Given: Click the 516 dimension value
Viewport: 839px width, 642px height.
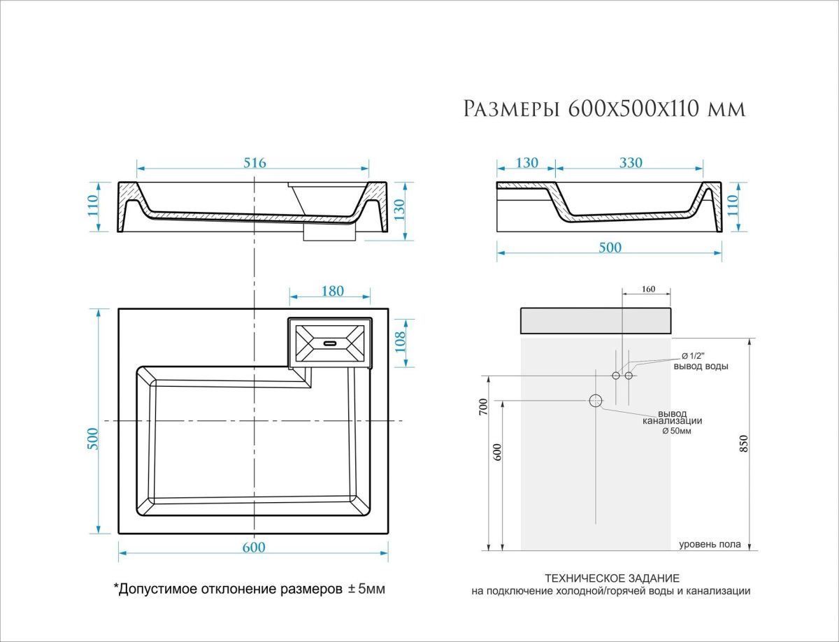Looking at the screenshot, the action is point(254,163).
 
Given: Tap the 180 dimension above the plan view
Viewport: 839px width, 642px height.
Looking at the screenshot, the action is point(333,292).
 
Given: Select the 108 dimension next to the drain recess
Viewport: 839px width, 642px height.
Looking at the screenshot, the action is point(400,342).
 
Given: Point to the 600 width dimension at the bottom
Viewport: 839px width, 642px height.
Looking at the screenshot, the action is point(253,547).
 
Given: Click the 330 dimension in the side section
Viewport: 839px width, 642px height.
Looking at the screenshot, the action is point(631,163).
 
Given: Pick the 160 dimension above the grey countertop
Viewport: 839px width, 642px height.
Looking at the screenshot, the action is point(649,289).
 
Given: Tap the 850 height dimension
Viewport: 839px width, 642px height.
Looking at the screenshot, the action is point(744,443).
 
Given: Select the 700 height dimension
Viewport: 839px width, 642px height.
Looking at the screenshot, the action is point(484,407).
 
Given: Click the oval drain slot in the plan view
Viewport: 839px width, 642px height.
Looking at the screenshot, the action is point(330,343).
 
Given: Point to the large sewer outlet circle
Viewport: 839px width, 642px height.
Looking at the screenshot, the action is point(596,401).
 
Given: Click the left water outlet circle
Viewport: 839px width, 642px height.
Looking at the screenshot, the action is point(616,376).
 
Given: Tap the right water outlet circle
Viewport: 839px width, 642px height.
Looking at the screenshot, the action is point(629,376).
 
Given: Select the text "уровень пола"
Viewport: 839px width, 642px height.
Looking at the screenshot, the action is point(710,545).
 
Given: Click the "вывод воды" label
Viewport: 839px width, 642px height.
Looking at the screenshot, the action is point(701,366).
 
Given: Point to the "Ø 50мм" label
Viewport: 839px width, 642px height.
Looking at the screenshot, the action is point(677,431).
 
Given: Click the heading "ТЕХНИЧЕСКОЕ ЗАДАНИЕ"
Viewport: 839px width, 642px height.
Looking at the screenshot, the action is point(612,578).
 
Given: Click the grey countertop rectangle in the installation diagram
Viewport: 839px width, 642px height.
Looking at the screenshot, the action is point(596,321).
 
